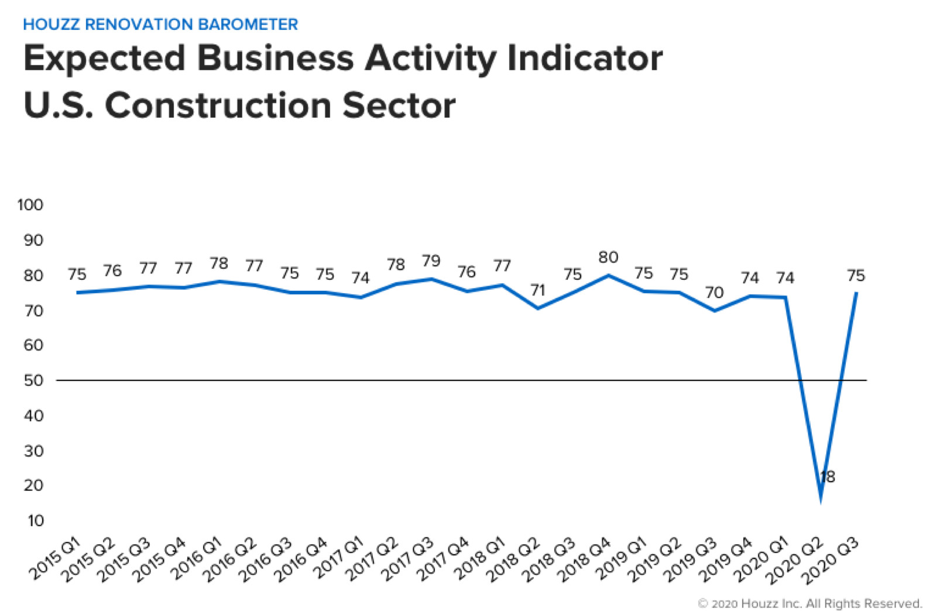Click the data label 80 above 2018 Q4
[608, 258]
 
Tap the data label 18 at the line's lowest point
[828, 477]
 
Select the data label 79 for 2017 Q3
[431, 261]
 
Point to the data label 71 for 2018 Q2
[537, 290]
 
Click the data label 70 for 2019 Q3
[714, 293]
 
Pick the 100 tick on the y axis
[30, 205]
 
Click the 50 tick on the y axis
[33, 380]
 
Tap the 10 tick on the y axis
[35, 521]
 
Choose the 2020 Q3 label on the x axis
[832, 560]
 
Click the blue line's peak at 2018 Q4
[609, 275]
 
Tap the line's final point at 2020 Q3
[856, 293]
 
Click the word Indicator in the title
[585, 59]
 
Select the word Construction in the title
[219, 106]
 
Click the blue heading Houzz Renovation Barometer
[160, 25]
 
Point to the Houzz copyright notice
[810, 603]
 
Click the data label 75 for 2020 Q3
[856, 276]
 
